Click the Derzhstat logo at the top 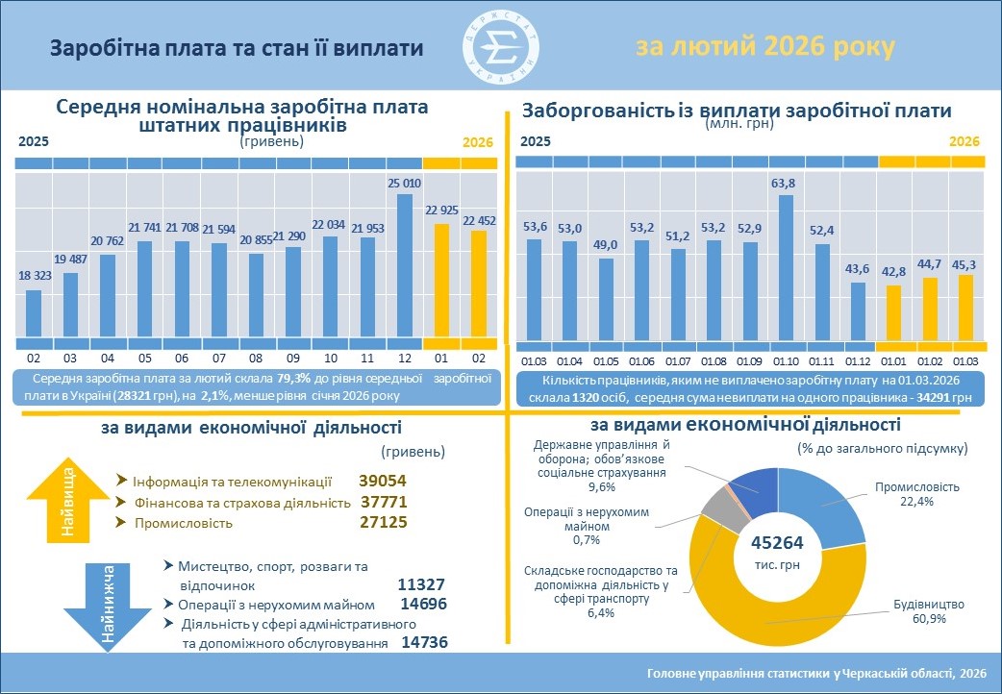click(x=500, y=45)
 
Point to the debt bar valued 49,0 click(x=606, y=299)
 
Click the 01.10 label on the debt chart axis click(x=786, y=360)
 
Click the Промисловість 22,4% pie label click(x=918, y=493)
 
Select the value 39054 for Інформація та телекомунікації click(x=384, y=482)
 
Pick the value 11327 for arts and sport click(x=420, y=584)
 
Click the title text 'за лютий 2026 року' click(x=764, y=47)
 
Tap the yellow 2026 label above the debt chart click(x=964, y=141)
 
